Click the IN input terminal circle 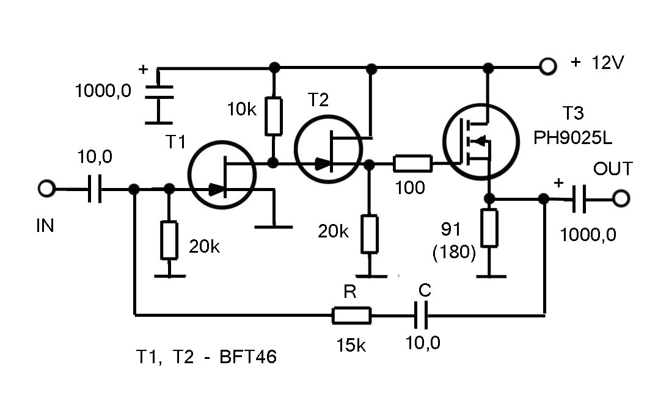[46, 189]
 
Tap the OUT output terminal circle [621, 199]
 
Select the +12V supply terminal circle [547, 66]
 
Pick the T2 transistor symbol [328, 148]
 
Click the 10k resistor [274, 115]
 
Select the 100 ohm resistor [413, 164]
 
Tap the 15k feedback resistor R [351, 316]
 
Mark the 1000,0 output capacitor [579, 199]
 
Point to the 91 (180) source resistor [489, 228]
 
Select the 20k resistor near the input [169, 239]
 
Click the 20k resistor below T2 [369, 233]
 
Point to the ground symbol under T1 [273, 226]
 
